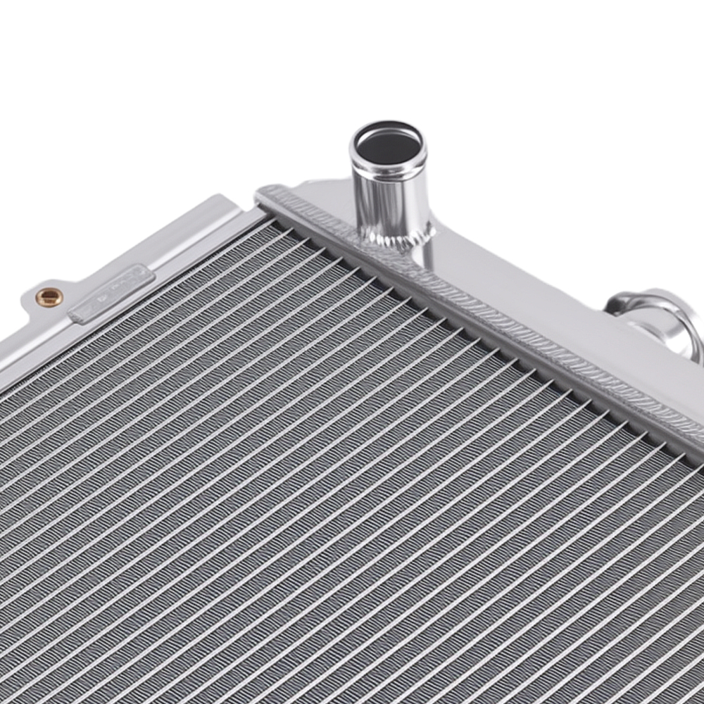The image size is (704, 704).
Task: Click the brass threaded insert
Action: (x=49, y=297)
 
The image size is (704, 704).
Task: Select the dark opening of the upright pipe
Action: (x=388, y=144)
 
